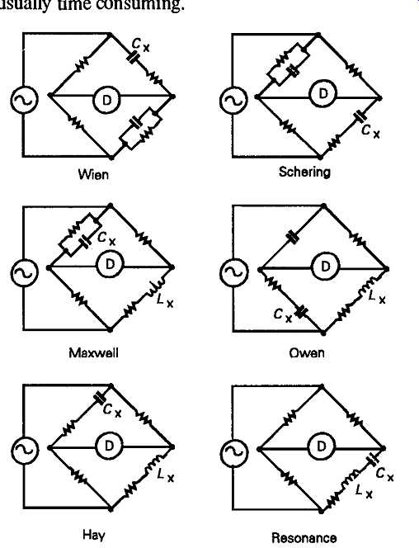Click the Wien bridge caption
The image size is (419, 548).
[93, 173]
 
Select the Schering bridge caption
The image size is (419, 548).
[304, 172]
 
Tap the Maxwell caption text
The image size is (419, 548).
[93, 352]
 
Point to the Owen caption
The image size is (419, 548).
[307, 352]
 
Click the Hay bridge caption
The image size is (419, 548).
[93, 535]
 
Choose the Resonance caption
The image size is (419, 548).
[304, 537]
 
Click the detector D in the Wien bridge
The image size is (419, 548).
[107, 100]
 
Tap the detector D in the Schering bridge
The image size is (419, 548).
[323, 93]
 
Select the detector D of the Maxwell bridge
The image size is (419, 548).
[110, 264]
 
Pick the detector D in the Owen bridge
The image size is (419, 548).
[325, 267]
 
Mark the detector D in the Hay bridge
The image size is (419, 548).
[109, 446]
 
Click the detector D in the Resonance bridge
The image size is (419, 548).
[321, 446]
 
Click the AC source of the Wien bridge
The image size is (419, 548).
[25, 100]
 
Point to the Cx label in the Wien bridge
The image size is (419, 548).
[141, 45]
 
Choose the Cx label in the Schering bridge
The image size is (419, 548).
[370, 131]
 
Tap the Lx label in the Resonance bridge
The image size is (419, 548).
[365, 491]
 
